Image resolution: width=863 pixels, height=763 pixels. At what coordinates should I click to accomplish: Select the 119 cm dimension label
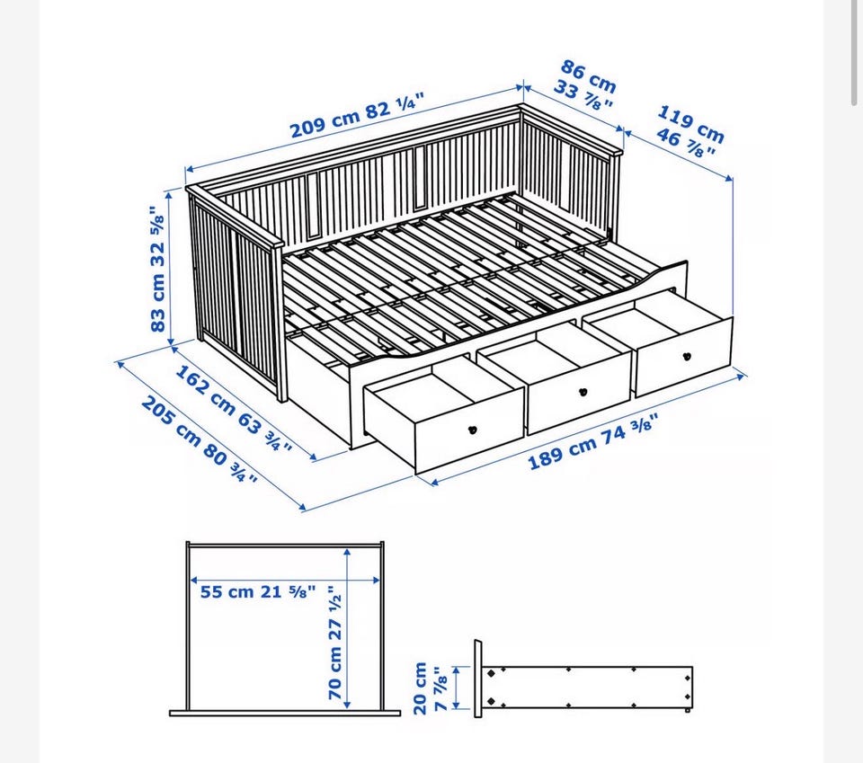690,124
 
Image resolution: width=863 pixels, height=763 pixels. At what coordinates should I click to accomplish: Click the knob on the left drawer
472,430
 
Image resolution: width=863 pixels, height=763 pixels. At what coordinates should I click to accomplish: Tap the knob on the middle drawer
583,392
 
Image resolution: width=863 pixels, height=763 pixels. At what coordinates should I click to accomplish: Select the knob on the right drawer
686,357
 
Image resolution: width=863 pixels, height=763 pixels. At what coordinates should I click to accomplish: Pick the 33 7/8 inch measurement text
583,95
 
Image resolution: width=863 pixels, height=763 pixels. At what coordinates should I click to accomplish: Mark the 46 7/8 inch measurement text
685,143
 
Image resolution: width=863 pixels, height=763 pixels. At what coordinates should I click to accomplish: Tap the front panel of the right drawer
684,357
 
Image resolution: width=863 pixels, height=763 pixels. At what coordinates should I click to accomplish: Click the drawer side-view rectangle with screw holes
587,688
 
